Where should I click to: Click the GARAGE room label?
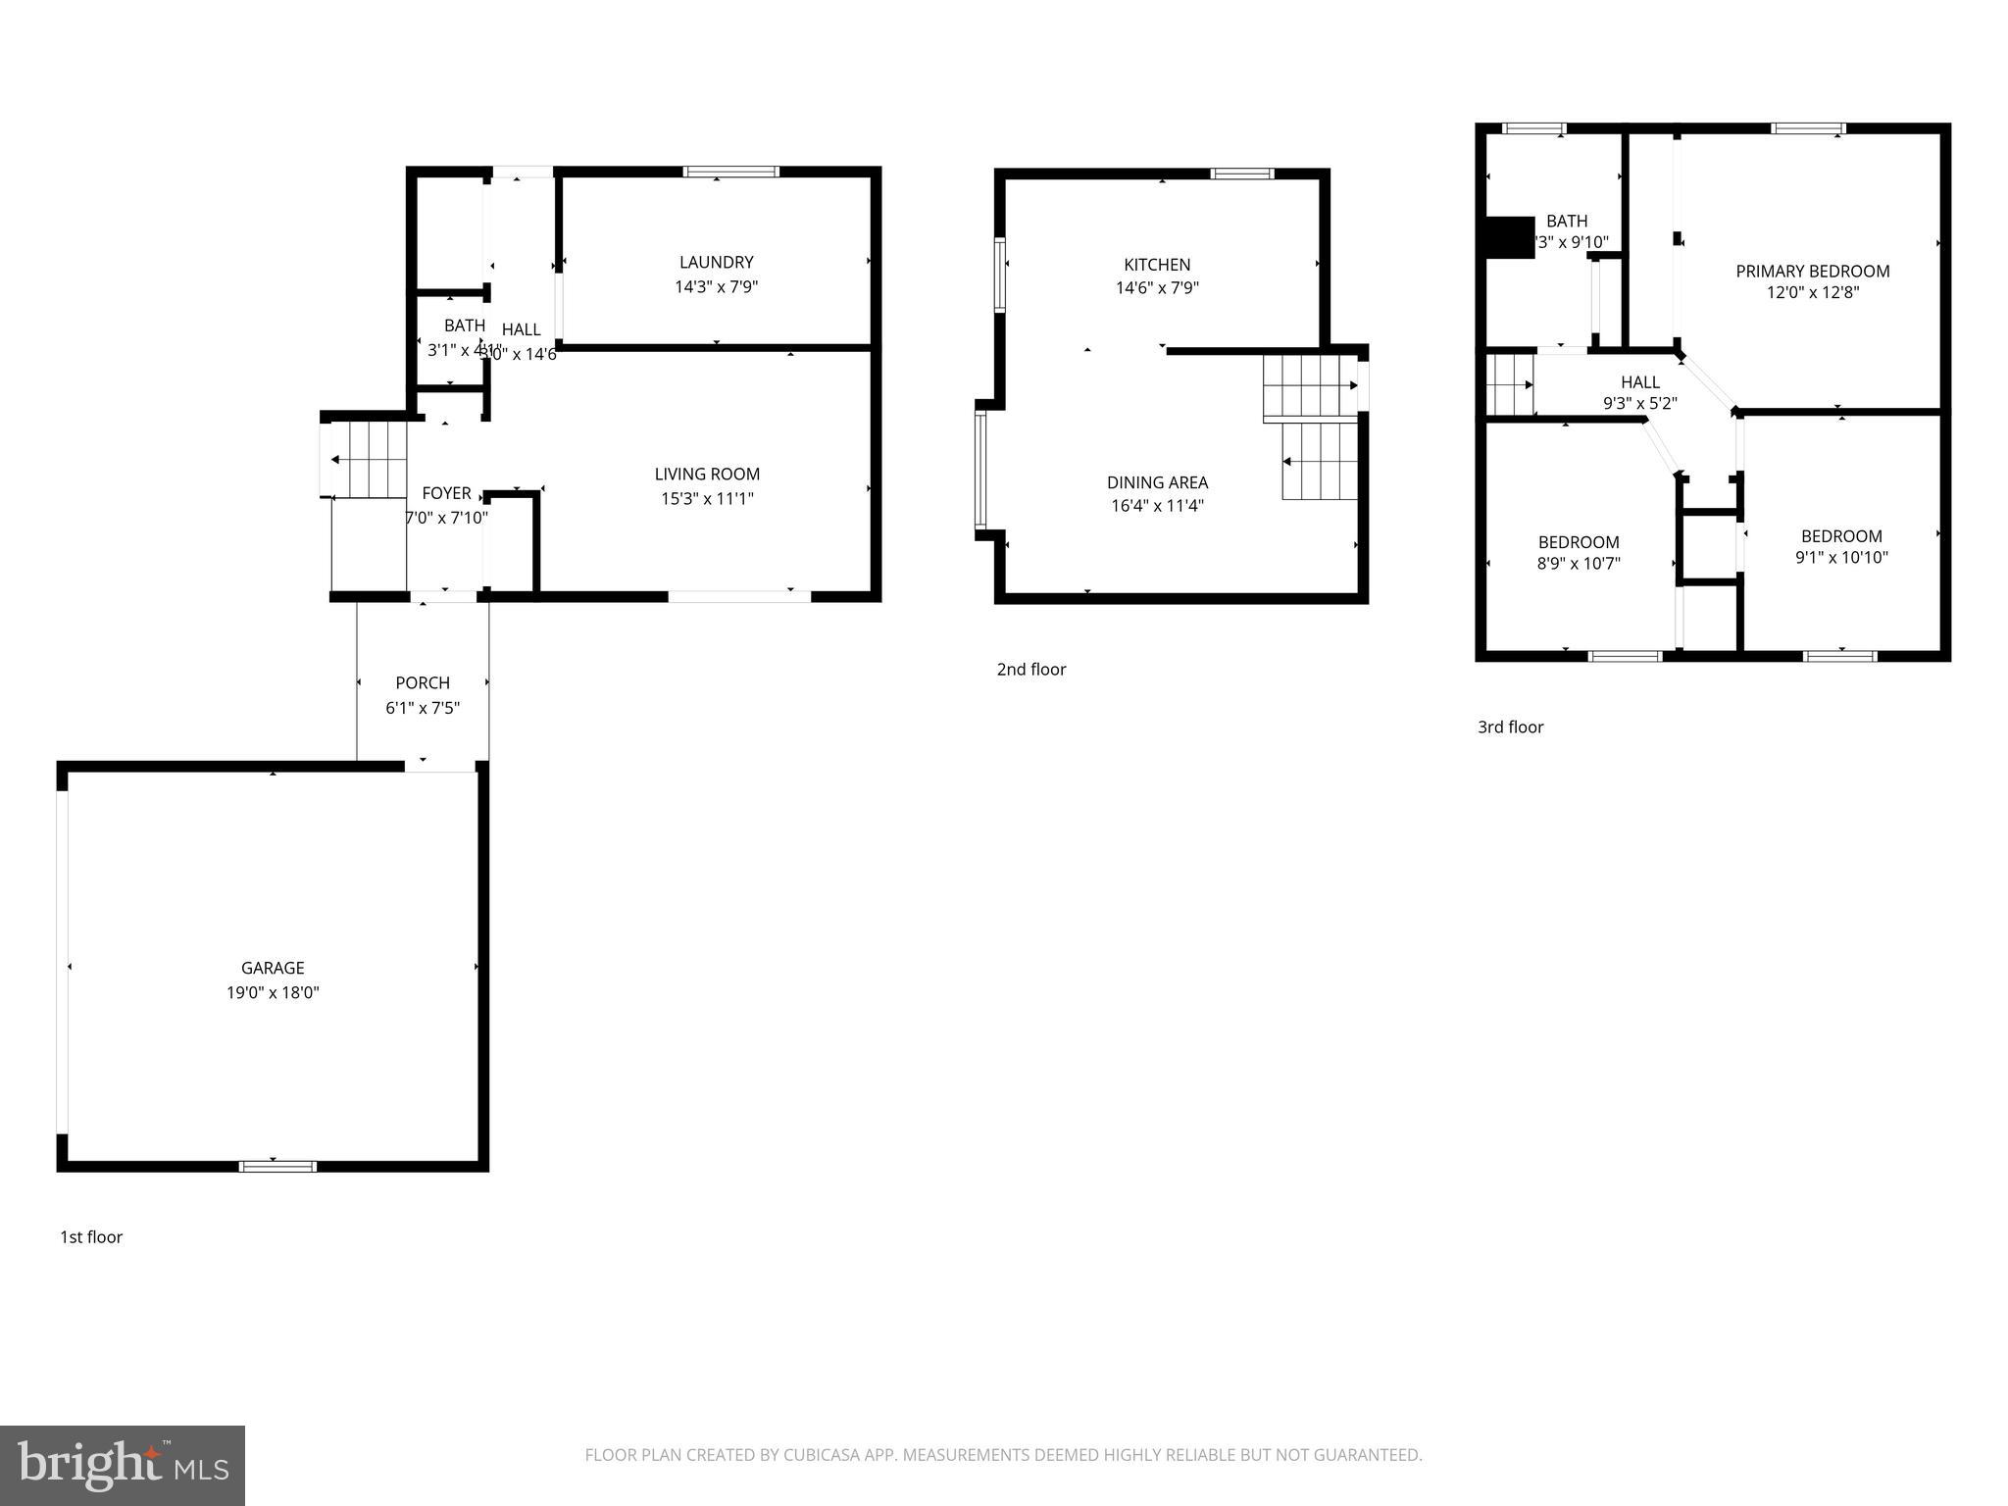273,968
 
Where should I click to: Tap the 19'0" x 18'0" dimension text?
273,992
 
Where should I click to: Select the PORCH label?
423,682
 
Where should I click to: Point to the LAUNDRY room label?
716,262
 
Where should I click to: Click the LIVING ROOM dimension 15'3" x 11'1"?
707,498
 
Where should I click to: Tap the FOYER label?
446,493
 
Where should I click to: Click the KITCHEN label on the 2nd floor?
1157,264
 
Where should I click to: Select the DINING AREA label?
1157,482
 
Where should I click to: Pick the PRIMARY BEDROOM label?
1812,271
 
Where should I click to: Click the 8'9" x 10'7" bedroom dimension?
1579,564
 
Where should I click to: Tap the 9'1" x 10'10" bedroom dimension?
1841,558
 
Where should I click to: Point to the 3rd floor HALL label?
1640,382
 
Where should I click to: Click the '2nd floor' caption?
1030,670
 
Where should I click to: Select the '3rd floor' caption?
1510,728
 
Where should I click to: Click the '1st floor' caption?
91,1237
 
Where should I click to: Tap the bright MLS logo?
123,1465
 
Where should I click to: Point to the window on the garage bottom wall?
277,1166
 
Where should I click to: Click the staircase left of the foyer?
369,459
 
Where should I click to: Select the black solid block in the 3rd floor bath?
1510,237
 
